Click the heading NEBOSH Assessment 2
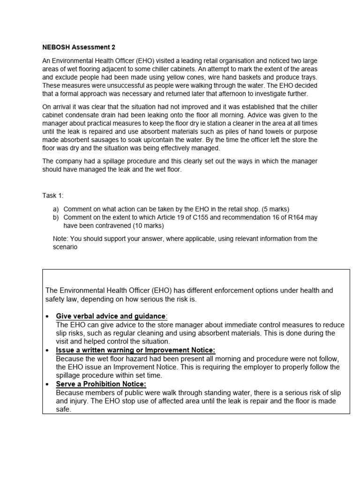[78, 47]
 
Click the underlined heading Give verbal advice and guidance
[111, 316]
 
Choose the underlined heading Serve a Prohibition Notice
[101, 384]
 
